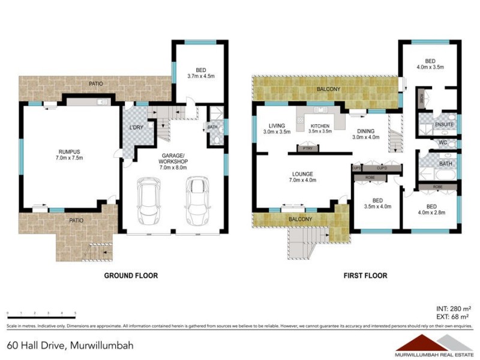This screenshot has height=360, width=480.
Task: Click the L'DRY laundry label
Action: tap(135, 127)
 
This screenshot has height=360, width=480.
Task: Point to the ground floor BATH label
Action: tap(212, 127)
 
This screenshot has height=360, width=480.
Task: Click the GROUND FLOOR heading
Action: tap(131, 276)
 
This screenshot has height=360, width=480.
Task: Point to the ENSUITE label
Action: tap(444, 125)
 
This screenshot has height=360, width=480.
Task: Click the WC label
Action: tap(443, 142)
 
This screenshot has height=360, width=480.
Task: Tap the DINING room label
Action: tap(365, 131)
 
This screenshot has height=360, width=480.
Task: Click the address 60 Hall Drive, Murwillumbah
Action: tap(70, 345)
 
